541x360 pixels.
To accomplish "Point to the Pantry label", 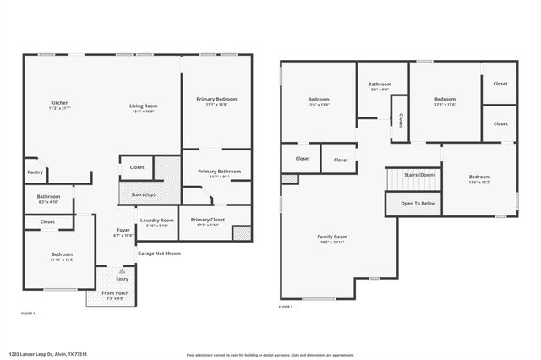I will tap(35, 172).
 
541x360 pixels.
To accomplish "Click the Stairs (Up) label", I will tap(143, 194).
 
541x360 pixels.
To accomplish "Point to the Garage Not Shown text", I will tap(158, 253).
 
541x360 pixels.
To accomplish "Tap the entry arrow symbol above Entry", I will tap(122, 271).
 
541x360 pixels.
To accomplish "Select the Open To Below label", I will tap(418, 204).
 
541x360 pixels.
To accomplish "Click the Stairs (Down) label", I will tap(419, 174).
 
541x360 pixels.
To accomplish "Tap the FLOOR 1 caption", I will tap(28, 314).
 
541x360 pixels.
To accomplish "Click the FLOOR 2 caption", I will tap(285, 307).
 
